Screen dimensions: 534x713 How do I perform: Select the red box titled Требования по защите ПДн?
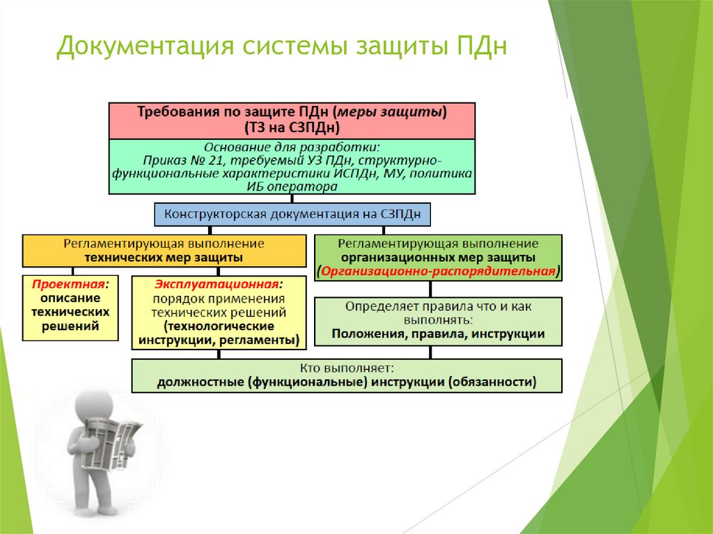pos(292,120)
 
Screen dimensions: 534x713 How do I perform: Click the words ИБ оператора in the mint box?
pos(292,187)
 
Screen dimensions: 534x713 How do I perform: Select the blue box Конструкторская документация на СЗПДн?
pos(292,214)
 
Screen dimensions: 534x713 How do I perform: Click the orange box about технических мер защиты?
pos(164,251)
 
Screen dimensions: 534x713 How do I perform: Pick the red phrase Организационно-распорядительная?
pos(439,271)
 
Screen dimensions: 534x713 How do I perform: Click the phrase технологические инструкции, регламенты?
pos(219,333)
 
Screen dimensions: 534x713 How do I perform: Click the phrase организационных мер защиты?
pos(438,258)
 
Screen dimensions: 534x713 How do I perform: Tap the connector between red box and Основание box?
pos(292,139)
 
